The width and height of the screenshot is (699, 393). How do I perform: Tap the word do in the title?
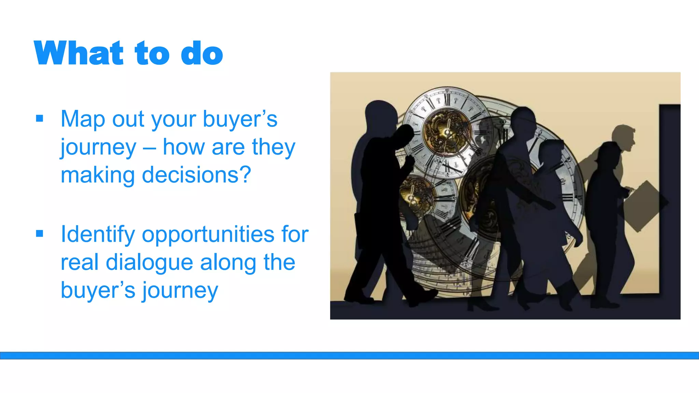(202, 54)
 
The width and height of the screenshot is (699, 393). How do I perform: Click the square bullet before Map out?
(40, 118)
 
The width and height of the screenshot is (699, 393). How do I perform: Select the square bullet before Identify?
(40, 234)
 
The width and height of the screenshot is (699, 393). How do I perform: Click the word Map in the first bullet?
(83, 119)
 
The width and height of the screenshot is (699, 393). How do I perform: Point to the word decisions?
(196, 175)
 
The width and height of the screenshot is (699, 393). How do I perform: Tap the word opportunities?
(208, 235)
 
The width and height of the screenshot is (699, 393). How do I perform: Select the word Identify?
(98, 235)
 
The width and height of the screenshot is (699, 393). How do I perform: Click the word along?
(228, 263)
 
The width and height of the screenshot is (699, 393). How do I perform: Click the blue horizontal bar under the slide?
(349, 355)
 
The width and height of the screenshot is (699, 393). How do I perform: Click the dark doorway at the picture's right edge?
(670, 198)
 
